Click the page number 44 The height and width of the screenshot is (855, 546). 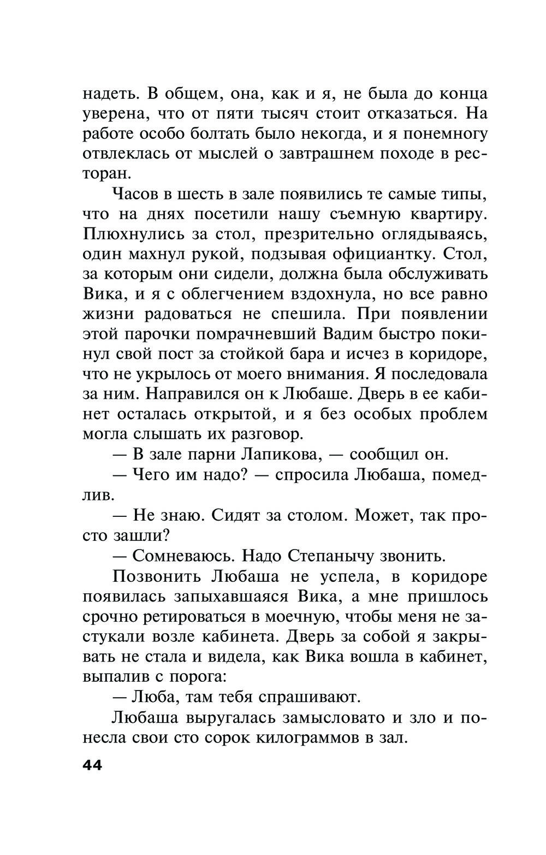pyautogui.click(x=92, y=765)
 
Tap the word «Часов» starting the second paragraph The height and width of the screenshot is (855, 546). pyautogui.click(x=135, y=194)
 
